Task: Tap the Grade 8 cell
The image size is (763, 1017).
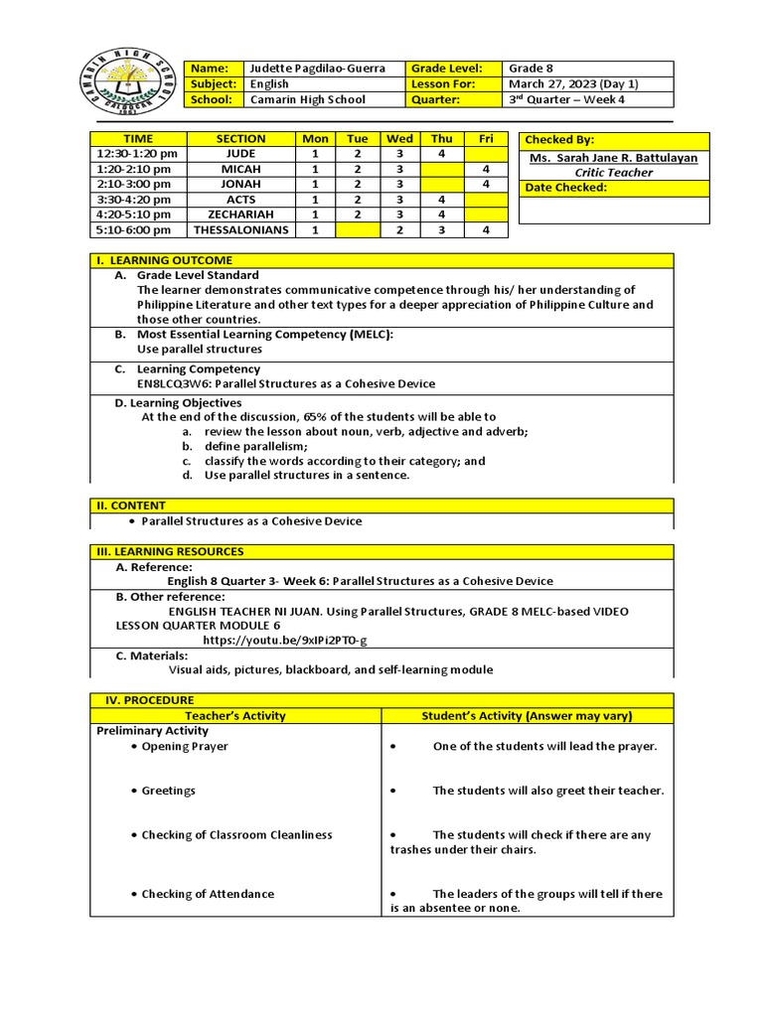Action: coord(528,69)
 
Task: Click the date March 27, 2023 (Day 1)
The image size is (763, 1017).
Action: coord(562,84)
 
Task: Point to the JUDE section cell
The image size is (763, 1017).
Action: coord(240,154)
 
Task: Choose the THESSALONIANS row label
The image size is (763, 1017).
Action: coord(240,230)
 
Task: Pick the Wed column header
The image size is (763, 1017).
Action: coord(399,139)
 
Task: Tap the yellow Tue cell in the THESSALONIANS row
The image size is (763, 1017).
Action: coord(358,230)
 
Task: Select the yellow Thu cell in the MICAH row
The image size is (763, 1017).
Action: coord(442,170)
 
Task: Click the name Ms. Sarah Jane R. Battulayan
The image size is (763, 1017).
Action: coord(614,158)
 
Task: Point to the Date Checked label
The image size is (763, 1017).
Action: coord(565,188)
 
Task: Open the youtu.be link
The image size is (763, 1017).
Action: coord(284,641)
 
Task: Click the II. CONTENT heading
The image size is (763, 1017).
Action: coord(131,506)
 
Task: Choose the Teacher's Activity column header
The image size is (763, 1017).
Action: coord(235,715)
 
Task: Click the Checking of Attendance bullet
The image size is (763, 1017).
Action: coord(207,894)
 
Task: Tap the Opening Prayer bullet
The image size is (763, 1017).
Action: coord(184,747)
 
